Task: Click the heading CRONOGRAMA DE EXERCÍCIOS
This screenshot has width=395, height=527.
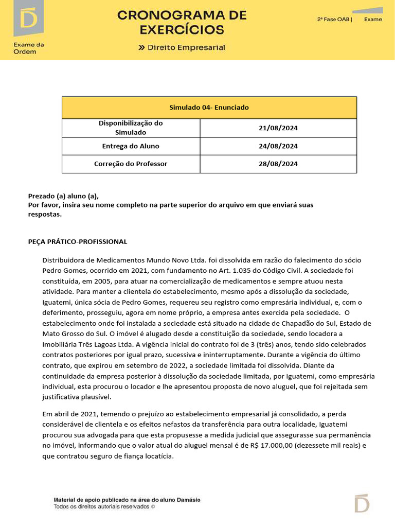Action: pos(182,23)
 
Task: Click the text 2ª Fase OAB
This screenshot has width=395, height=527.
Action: pos(334,20)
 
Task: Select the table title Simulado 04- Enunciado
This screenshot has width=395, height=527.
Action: pos(209,108)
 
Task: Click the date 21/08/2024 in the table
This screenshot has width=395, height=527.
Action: pos(278,128)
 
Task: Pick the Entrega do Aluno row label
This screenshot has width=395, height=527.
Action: pos(131,146)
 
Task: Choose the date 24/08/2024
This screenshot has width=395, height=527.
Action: pos(278,146)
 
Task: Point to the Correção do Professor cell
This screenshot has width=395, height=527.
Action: pos(131,164)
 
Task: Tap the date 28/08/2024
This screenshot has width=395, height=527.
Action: pos(278,164)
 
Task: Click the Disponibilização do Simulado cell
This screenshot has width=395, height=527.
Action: pos(131,128)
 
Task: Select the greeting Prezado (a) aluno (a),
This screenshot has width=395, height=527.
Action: pos(63,196)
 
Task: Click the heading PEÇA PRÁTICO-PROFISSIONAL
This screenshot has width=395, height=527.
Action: pos(78,241)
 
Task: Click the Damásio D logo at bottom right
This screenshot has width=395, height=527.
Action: pos(362,503)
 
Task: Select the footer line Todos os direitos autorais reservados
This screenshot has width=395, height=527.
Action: pos(104,506)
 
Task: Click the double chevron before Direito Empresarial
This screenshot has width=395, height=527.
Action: pos(141,48)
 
